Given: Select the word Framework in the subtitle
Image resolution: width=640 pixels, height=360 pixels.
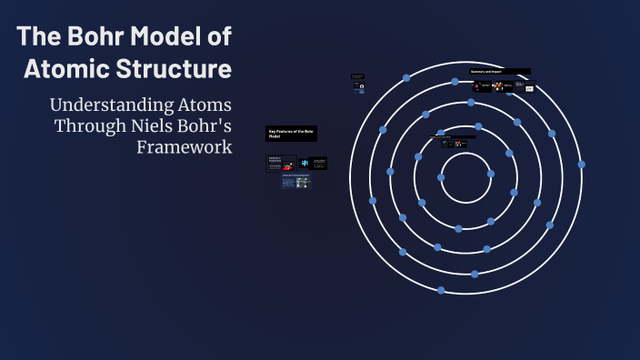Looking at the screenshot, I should coord(185,146).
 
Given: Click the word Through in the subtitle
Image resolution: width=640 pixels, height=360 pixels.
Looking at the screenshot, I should coord(86,125).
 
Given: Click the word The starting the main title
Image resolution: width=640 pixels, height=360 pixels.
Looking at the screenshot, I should coord(40,37).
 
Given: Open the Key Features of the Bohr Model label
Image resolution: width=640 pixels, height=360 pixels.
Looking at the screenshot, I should coord(291,134).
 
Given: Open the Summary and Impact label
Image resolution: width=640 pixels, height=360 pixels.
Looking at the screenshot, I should coord(499,71).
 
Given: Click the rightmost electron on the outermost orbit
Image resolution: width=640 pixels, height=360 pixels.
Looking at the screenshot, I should coord(582,165).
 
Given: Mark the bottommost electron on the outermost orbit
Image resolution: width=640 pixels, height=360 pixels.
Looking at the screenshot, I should coord(441,290).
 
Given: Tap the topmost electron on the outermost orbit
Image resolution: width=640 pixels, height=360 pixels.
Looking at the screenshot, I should coord(406,78).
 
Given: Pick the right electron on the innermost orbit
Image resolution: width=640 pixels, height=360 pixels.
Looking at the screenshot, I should coord(491,173).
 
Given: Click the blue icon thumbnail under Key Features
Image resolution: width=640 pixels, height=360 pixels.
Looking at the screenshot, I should coord(305,163).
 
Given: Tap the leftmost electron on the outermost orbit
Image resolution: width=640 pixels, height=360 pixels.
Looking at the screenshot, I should coord(372,200).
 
